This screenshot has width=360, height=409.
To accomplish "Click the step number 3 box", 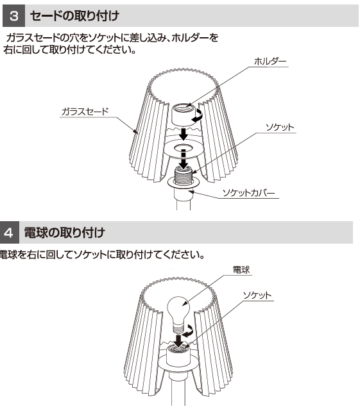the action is coord(13,15).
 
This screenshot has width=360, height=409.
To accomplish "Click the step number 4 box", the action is coord(9,232).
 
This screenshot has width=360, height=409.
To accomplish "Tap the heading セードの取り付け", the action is coord(74,15).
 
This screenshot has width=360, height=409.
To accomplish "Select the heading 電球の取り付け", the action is coord(64,232).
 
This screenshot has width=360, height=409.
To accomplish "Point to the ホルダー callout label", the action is coord(270,62).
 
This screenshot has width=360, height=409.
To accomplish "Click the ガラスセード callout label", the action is coord(85,112).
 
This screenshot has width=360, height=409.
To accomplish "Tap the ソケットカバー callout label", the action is coord(248,193).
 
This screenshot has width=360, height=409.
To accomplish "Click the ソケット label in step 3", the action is coord(280,128).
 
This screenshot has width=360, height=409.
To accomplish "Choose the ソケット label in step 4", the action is coord(257,296).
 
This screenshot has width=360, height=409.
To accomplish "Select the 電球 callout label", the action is coord(241,270).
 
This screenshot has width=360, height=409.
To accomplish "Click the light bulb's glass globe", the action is coord(178,308).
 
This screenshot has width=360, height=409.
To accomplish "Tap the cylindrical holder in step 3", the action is coord(184,115).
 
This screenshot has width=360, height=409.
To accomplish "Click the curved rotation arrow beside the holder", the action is coord(198,115).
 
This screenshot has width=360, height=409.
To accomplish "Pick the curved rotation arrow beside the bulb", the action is coord(189,331).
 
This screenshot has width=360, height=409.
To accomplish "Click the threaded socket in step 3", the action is coord(184,176).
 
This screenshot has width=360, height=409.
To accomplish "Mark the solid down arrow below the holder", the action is coord(184,134).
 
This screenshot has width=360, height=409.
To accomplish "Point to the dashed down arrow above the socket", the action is coord(184,159).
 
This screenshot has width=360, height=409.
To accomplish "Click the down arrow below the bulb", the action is coord(178,341).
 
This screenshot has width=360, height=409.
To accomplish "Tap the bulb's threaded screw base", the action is coord(178,326).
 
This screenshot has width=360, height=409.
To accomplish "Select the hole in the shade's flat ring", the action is coord(184,148).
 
